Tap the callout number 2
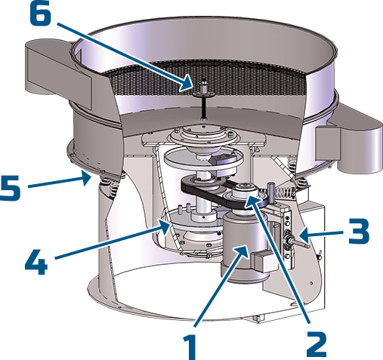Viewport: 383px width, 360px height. click(x=317, y=343)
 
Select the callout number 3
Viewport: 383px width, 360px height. click(x=359, y=231)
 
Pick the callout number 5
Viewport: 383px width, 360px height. click(x=10, y=188)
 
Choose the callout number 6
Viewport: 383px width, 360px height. click(x=41, y=13)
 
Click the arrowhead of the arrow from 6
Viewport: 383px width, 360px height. click(x=187, y=84)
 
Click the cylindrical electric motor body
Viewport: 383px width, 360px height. click(x=243, y=249)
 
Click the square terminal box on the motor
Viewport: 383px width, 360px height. click(x=262, y=261)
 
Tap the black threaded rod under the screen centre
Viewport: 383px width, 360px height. click(x=203, y=106)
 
